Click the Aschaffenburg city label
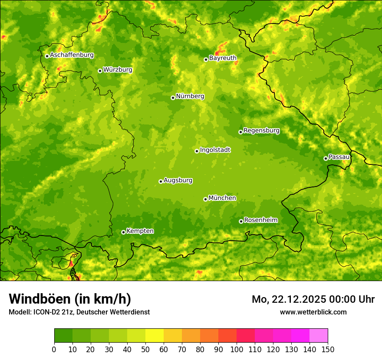tap(72, 55)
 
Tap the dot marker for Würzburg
tap(100, 71)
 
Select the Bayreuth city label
tap(223, 58)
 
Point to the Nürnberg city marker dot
tap(173, 98)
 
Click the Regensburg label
tap(261, 131)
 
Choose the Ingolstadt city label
tap(215, 150)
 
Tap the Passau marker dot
tap(326, 158)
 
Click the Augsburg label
tap(178, 180)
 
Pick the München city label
tap(222, 198)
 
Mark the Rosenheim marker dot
tap(241, 221)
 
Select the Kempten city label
tap(140, 231)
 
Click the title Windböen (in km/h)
tap(69, 299)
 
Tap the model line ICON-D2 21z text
tap(79, 312)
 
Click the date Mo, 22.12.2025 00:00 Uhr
tap(313, 299)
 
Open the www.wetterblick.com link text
tap(313, 312)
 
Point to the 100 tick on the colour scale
tap(237, 349)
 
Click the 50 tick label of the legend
tap(145, 349)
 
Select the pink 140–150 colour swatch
tap(319, 336)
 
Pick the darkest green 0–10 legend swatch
tap(63, 336)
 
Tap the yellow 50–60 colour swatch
tap(155, 336)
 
